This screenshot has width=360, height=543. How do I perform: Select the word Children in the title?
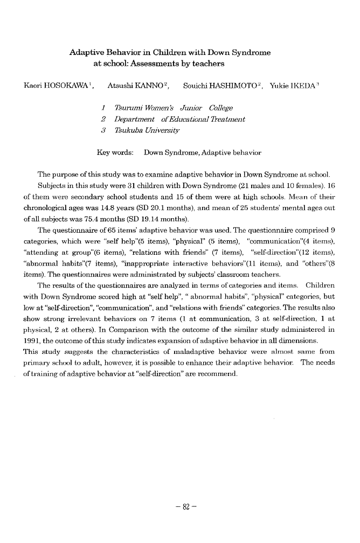pyautogui.click(x=181, y=53)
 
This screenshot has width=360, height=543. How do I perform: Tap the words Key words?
pyautogui.click(x=115, y=152)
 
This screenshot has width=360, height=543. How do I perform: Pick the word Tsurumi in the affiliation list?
pyautogui.click(x=131, y=108)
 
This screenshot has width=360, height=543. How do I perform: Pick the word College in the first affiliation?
pyautogui.click(x=221, y=108)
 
